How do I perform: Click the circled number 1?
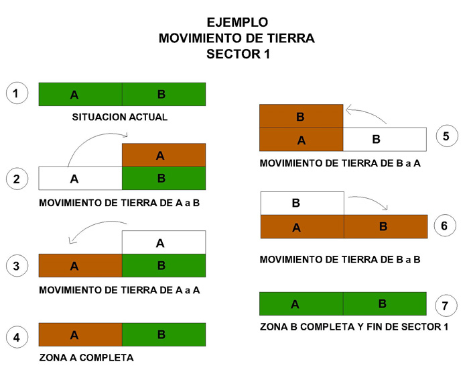click(17, 93)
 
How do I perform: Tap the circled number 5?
click(447, 136)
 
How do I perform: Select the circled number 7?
click(446, 305)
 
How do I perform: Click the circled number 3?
click(17, 266)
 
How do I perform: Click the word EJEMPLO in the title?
click(237, 22)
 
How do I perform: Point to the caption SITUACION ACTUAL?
click(120, 117)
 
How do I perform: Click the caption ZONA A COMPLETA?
click(86, 357)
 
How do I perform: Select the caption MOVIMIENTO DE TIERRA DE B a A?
click(340, 163)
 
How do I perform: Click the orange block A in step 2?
click(164, 155)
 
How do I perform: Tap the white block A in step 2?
click(80, 179)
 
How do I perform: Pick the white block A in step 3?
click(164, 242)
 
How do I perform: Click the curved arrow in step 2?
click(92, 138)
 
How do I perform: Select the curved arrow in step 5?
click(364, 112)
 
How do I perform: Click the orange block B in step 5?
click(301, 116)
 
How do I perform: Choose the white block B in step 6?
click(302, 203)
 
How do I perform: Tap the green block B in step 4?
click(164, 334)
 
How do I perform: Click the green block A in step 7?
click(301, 303)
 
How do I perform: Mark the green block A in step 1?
click(80, 94)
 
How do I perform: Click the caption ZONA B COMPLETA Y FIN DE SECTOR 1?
click(354, 326)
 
